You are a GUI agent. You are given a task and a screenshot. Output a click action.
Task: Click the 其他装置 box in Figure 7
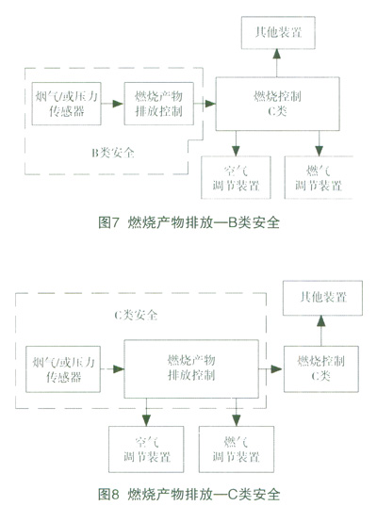(x=278, y=33)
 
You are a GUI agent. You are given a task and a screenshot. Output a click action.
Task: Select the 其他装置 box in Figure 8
(x=322, y=298)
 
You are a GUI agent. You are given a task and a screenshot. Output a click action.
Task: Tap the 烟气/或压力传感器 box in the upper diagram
(x=66, y=104)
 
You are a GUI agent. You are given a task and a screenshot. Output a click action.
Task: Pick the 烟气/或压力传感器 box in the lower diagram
(x=63, y=369)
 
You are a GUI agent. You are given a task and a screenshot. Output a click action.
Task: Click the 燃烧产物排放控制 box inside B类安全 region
(x=158, y=104)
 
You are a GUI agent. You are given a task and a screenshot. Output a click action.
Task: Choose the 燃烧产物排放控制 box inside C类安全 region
(x=191, y=368)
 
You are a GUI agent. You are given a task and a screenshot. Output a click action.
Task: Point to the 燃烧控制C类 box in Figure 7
(x=277, y=104)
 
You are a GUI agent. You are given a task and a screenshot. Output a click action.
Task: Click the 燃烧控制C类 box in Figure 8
(x=321, y=368)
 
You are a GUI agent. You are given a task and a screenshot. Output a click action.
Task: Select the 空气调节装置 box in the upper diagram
(x=236, y=177)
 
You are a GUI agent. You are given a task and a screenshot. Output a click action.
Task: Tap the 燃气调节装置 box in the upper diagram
(x=319, y=177)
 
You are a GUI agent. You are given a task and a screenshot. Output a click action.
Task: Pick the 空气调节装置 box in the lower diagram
(x=146, y=449)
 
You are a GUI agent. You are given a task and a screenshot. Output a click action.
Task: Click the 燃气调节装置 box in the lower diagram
(x=237, y=449)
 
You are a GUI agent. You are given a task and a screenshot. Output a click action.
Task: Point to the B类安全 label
(x=113, y=153)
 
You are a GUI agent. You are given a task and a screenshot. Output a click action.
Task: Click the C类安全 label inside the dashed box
(x=136, y=315)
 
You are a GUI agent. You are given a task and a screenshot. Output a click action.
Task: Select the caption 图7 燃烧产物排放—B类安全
(x=188, y=222)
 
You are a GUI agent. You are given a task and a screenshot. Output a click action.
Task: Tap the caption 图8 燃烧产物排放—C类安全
(x=188, y=494)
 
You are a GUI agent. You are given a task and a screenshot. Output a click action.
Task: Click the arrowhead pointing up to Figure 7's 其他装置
(x=276, y=54)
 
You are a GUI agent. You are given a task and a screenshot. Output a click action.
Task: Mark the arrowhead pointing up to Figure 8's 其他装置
(x=320, y=320)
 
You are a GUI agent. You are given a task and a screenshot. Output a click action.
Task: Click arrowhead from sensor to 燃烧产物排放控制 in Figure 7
(x=118, y=104)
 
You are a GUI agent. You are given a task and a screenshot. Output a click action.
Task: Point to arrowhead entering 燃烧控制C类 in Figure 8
(x=276, y=368)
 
